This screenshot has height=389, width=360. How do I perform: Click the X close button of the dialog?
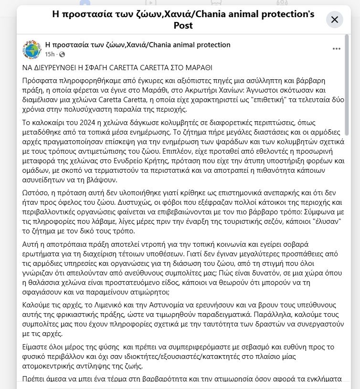pos(334,20)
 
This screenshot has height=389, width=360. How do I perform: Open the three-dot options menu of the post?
pos(337,49)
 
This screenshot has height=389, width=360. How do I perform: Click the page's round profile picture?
pos(32,50)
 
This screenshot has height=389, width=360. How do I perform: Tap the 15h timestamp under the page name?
pos(50,54)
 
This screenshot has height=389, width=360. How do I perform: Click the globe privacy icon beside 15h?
pos(62,54)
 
